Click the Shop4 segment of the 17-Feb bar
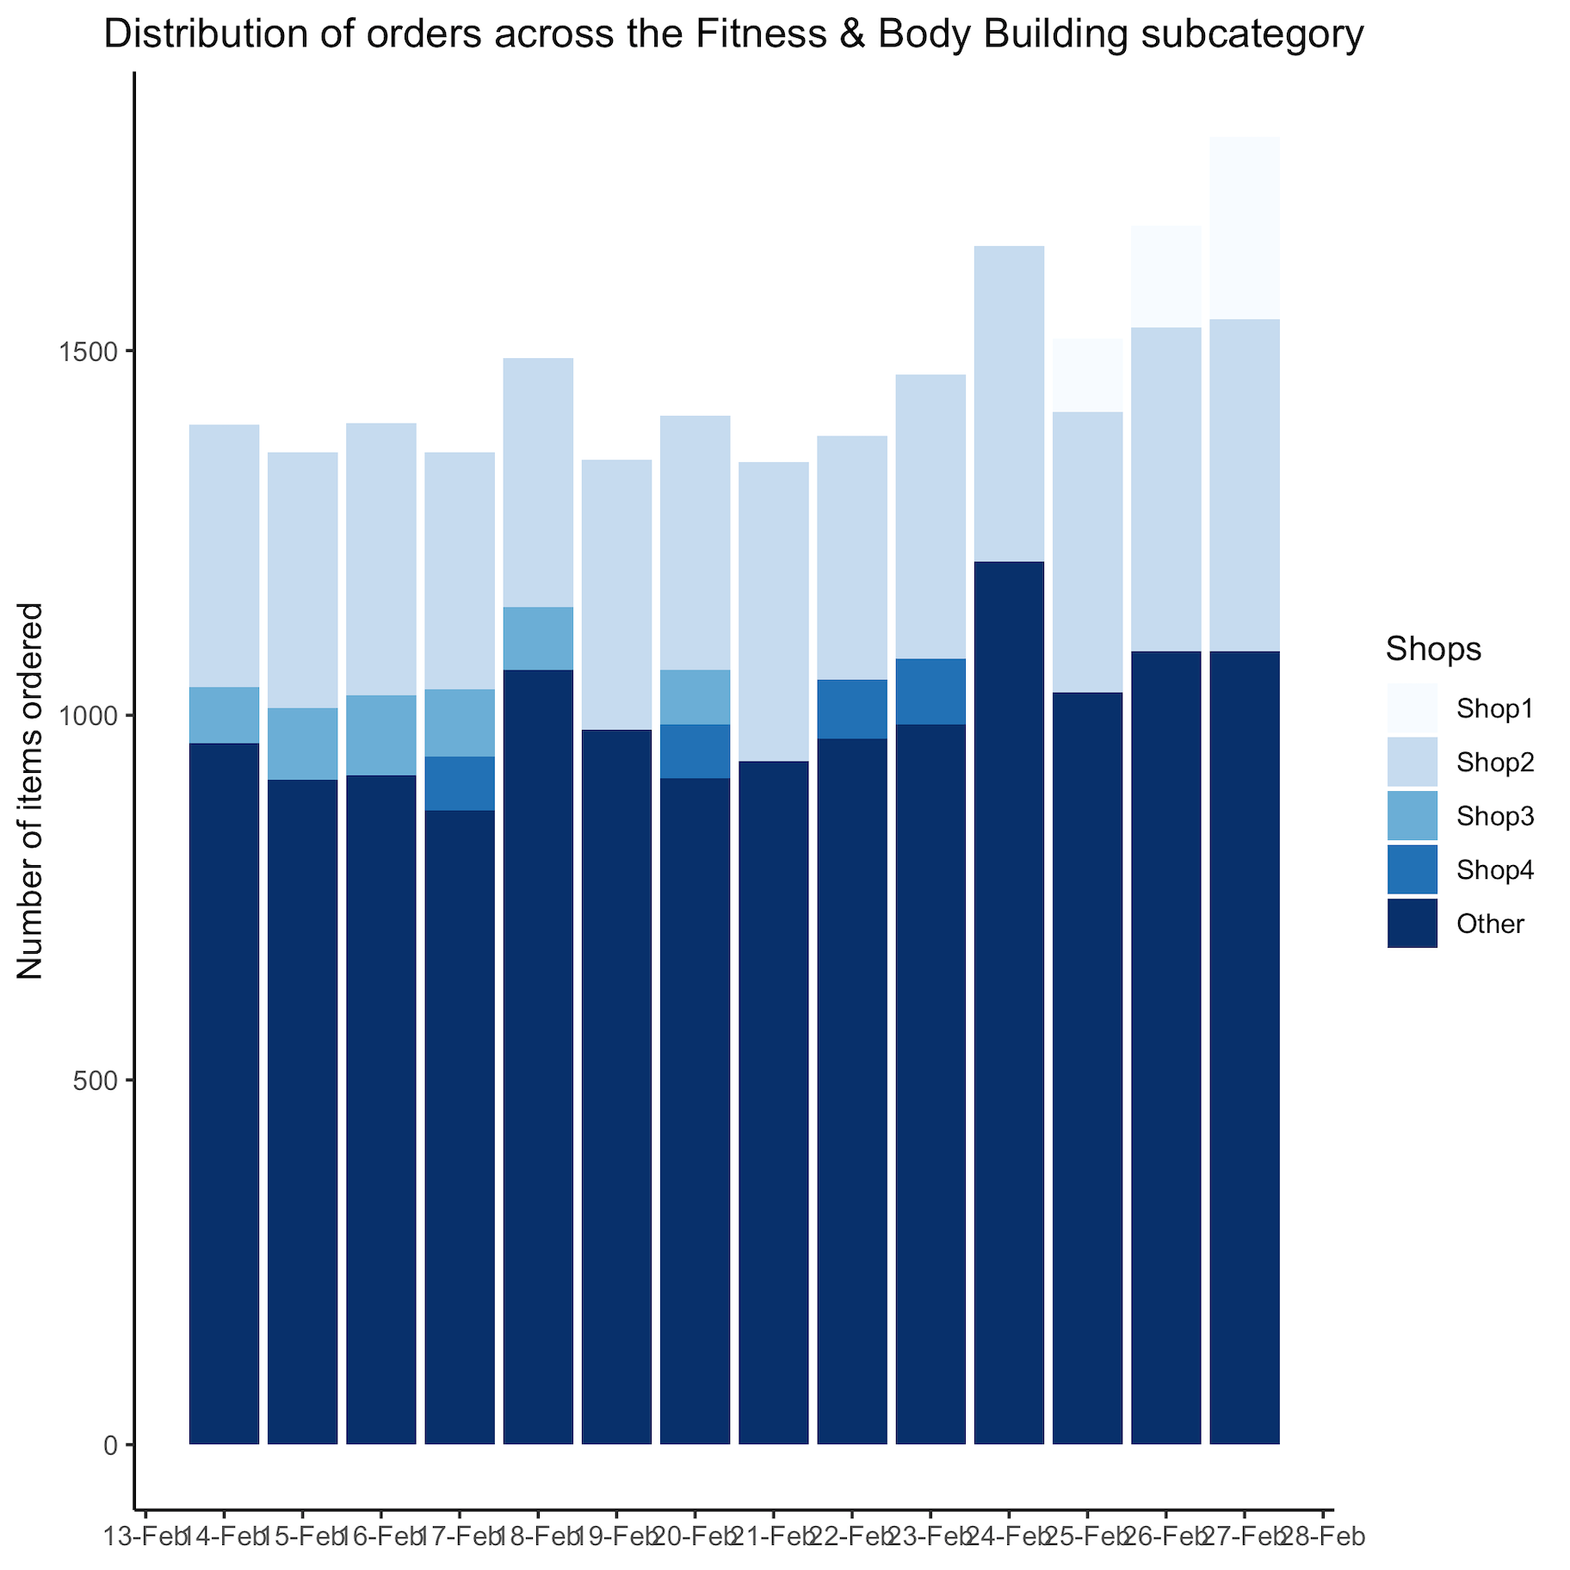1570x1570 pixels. [x=460, y=783]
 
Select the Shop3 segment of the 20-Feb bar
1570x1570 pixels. [x=695, y=696]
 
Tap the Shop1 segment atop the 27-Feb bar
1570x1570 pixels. [x=1244, y=228]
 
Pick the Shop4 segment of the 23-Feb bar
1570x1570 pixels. [x=930, y=691]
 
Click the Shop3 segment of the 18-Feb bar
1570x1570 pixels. [x=538, y=638]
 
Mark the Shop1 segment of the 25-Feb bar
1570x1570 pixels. [x=1087, y=375]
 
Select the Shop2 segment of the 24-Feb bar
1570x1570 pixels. [x=1009, y=404]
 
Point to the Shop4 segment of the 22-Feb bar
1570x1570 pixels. [x=852, y=708]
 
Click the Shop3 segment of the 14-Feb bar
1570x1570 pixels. [x=224, y=714]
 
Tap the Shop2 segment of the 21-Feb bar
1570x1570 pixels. [x=774, y=611]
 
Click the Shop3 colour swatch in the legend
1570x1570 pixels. [x=1412, y=816]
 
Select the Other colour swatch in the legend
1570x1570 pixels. [x=1412, y=924]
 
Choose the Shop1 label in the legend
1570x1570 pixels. [x=1495, y=709]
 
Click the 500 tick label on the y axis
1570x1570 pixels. [x=96, y=1080]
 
